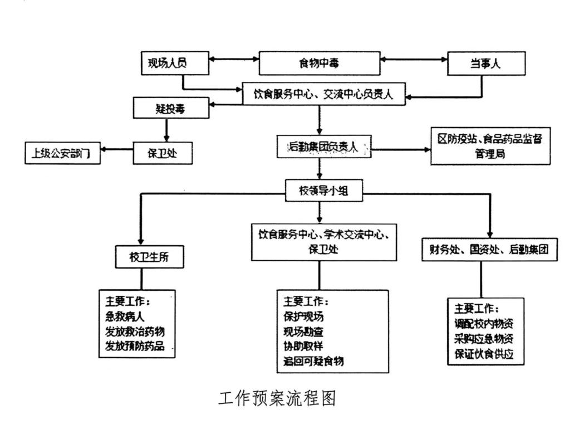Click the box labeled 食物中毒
pyautogui.click(x=320, y=63)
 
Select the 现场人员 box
pyautogui.click(x=174, y=62)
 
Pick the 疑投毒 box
pyautogui.click(x=171, y=108)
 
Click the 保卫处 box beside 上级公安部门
pyautogui.click(x=163, y=153)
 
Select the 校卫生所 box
pyautogui.click(x=150, y=257)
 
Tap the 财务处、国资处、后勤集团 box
pyautogui.click(x=490, y=250)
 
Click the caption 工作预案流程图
pyautogui.click(x=277, y=398)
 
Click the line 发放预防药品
pyautogui.click(x=135, y=345)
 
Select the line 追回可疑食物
pyautogui.click(x=313, y=361)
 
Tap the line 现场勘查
pyautogui.click(x=303, y=331)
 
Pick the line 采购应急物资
pyautogui.click(x=484, y=338)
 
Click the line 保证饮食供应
pyautogui.click(x=484, y=353)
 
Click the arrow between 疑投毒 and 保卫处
pyautogui.click(x=166, y=130)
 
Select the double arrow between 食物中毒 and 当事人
pyautogui.click(x=415, y=58)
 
